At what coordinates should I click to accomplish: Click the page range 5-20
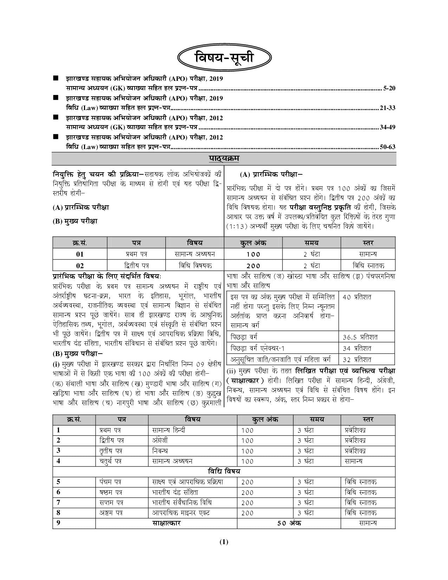tap(390, 88)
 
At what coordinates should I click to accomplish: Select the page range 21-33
tap(388, 108)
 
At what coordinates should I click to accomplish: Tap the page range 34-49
tap(388, 127)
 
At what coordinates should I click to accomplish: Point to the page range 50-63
tap(388, 147)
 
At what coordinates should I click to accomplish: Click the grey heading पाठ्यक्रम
tap(224, 159)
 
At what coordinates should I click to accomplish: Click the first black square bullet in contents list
tap(55, 78)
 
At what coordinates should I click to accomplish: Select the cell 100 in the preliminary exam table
tap(253, 254)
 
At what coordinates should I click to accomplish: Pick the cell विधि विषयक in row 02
tap(195, 265)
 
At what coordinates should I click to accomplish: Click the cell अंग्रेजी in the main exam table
tap(160, 440)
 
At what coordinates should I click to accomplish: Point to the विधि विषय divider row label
tap(224, 471)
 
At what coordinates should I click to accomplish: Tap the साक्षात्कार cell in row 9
tap(166, 523)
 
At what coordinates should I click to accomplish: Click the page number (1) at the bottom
tap(224, 542)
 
